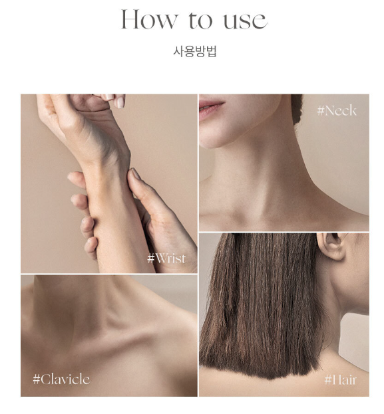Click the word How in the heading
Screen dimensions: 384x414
point(149,19)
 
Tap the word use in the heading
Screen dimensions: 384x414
point(246,21)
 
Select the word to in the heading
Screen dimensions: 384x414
point(200,20)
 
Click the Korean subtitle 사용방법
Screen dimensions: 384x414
point(194,51)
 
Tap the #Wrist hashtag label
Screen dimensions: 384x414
point(166,258)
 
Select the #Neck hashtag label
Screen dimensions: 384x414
point(337,110)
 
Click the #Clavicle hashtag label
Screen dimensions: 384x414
point(61,379)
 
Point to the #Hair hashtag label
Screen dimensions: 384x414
point(340,380)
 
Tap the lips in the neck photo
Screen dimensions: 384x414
point(210,106)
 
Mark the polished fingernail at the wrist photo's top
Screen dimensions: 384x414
point(120,102)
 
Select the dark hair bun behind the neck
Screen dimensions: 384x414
point(297,108)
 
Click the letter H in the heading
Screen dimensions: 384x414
point(130,19)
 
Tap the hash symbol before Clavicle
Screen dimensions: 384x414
point(36,379)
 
